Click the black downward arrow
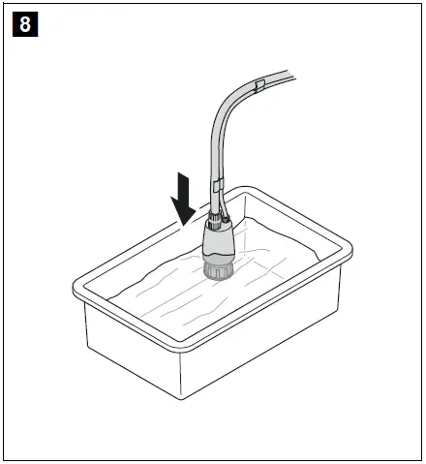coord(183,197)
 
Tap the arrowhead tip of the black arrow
coord(184,222)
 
